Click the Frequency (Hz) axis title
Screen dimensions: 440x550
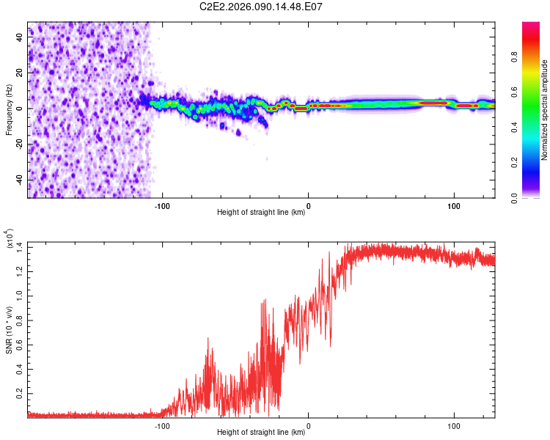(9, 110)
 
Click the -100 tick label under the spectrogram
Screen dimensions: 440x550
(163, 206)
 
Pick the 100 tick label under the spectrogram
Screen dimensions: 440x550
(453, 206)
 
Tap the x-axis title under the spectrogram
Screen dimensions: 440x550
(261, 213)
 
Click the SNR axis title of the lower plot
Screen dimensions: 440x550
(9, 330)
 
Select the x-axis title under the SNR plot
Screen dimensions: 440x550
(261, 432)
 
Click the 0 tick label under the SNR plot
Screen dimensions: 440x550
(308, 425)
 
